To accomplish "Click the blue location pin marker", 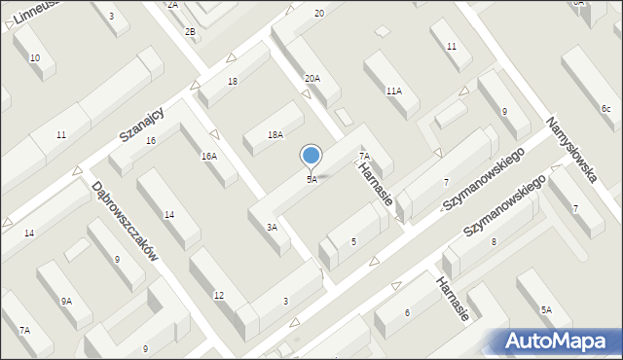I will pyautogui.click(x=311, y=156).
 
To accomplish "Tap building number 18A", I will pyautogui.click(x=275, y=135).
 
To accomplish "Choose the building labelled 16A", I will pyautogui.click(x=209, y=156).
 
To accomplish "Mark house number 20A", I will pyautogui.click(x=311, y=78).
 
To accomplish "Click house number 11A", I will pyautogui.click(x=393, y=90).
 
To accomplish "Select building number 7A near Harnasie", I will pyautogui.click(x=364, y=156).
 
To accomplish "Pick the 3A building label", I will pyautogui.click(x=273, y=227).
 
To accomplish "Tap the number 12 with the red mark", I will pyautogui.click(x=219, y=295).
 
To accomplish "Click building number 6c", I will pyautogui.click(x=605, y=108).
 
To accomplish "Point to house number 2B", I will pyautogui.click(x=191, y=32).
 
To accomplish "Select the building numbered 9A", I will pyautogui.click(x=66, y=302).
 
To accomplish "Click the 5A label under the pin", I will pyautogui.click(x=311, y=180).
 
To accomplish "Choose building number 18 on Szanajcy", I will pyautogui.click(x=233, y=81).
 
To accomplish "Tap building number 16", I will pyautogui.click(x=150, y=141).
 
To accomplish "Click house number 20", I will pyautogui.click(x=319, y=13).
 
